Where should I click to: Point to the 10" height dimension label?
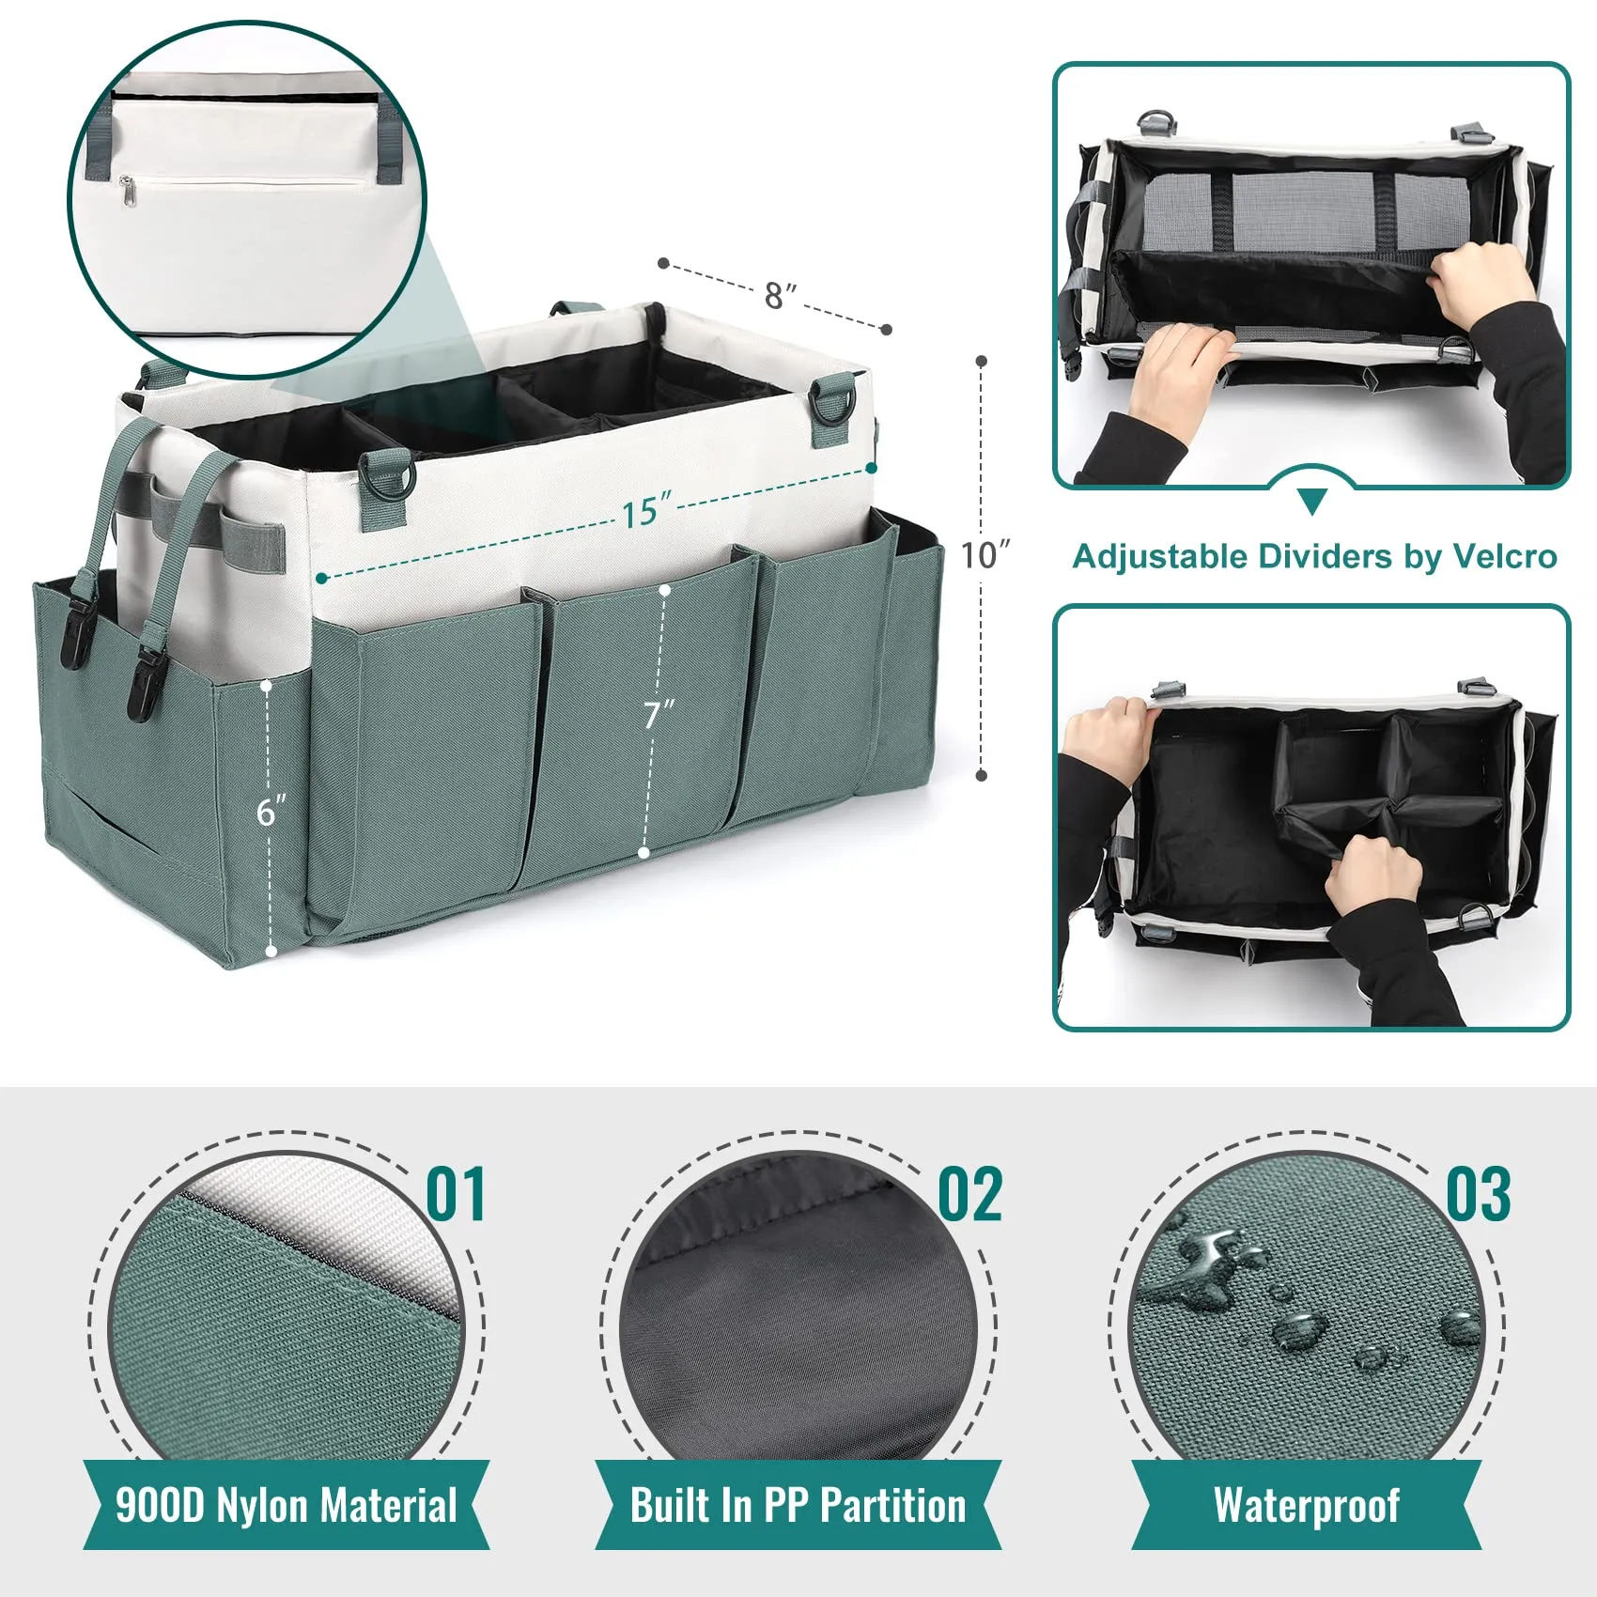985,554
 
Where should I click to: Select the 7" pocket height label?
659,714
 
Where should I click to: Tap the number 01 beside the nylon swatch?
457,1195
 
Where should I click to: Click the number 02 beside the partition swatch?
970,1195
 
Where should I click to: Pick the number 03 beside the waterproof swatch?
1478,1195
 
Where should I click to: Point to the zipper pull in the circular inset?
128,192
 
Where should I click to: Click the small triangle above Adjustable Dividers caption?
1312,501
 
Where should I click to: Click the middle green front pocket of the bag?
639,723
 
